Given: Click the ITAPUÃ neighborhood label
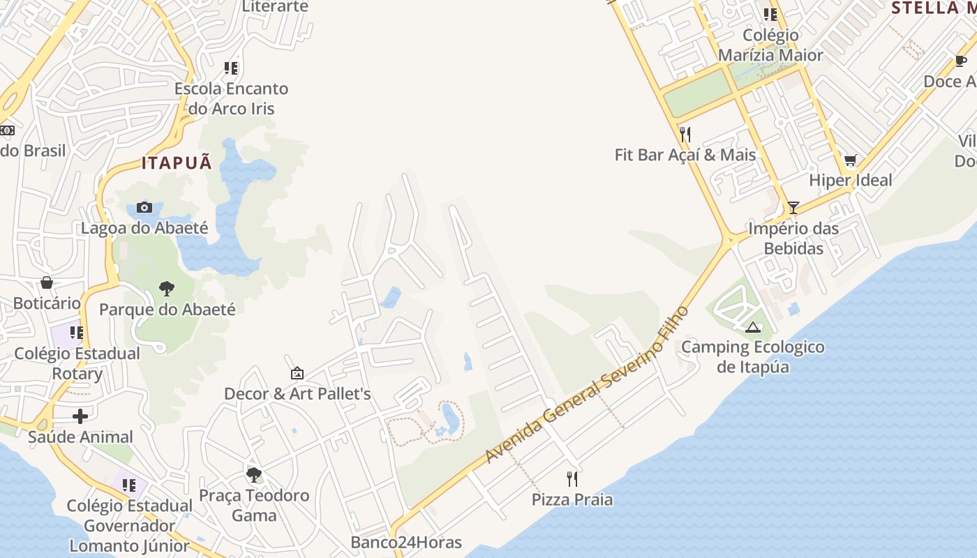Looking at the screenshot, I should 177,163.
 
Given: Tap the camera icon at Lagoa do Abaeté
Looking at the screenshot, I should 144,207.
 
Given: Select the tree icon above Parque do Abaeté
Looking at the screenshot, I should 167,288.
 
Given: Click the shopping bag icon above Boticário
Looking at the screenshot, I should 47,282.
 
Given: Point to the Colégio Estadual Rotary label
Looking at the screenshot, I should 77,363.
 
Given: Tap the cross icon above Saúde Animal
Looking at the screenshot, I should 80,416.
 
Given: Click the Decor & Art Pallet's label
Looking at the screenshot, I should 297,393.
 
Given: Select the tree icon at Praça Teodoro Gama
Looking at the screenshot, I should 254,475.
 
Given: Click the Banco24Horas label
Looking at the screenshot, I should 406,542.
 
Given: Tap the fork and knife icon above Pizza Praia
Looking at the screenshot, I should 572,478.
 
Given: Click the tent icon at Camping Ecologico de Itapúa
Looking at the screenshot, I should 753,327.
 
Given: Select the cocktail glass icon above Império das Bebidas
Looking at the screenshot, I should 793,208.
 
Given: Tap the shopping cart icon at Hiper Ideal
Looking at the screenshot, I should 850,160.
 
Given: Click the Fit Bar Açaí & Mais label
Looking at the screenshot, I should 685,154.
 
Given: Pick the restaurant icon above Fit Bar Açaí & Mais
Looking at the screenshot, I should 685,134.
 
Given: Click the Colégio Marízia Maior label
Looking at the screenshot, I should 770,45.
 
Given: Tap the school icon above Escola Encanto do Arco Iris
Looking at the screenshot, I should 231,68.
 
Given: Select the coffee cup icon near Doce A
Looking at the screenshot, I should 961,61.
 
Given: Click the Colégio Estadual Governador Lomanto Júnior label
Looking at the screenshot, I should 130,525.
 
